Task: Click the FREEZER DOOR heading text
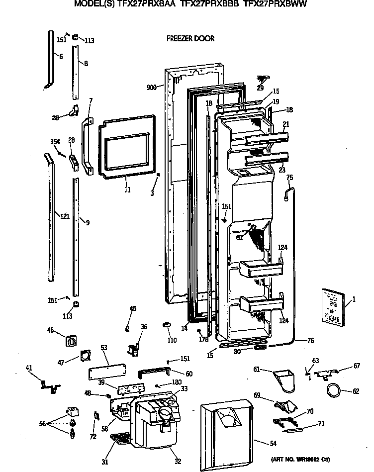tap(190, 38)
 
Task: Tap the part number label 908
tap(152, 87)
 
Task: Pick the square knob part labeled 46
tap(70, 341)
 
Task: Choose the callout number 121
tap(64, 216)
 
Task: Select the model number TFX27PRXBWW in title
tap(275, 4)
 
